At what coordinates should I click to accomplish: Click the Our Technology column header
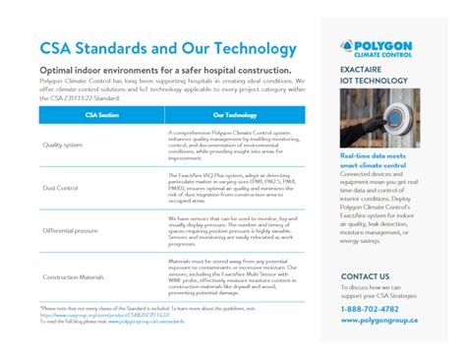[x=234, y=115]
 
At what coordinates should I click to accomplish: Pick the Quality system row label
[x=64, y=144]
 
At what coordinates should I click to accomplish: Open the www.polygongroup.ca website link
[x=384, y=320]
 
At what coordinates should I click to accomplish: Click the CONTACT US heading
[x=365, y=276]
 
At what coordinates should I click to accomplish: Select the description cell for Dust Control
[x=234, y=187]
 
